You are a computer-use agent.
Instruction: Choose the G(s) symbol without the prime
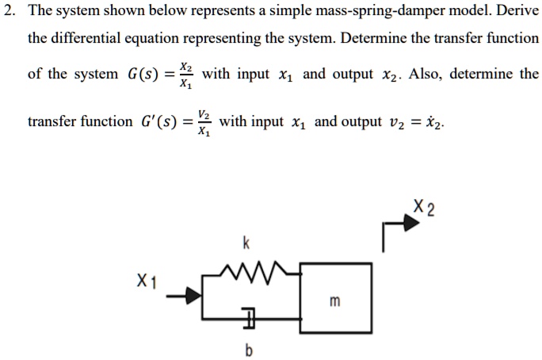click(145, 75)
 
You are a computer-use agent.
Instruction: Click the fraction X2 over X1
click(185, 75)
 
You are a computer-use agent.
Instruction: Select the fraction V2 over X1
click(204, 122)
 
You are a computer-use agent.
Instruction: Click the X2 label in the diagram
click(424, 209)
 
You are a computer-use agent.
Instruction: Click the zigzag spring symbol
click(252, 273)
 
